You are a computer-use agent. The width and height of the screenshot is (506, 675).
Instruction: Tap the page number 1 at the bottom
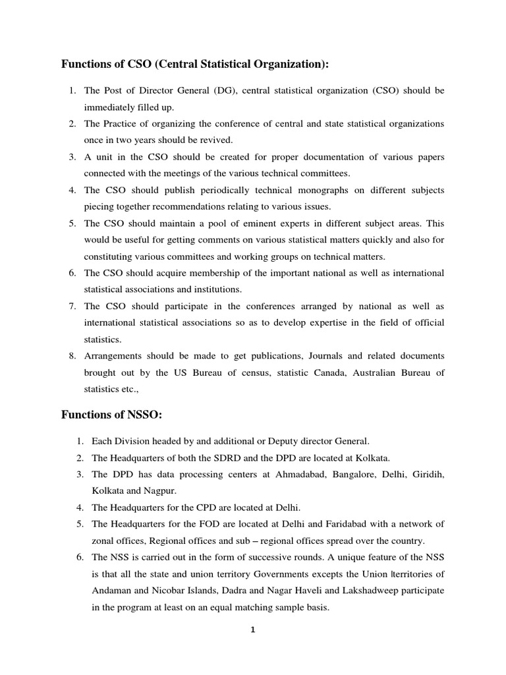coord(252,630)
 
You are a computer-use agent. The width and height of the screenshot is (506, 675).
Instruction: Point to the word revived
coord(213,140)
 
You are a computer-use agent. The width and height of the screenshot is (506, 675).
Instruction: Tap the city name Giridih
coord(426,474)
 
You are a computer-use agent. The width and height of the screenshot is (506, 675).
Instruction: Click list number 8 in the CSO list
coord(72,356)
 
